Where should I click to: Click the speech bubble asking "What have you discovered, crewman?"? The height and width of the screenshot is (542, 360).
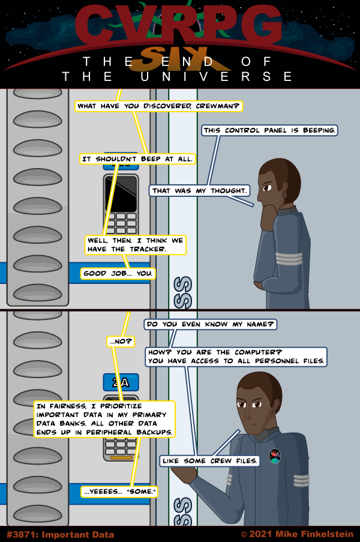[158, 106]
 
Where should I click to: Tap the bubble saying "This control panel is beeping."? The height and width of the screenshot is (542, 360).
[269, 130]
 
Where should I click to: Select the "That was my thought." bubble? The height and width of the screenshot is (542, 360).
[199, 191]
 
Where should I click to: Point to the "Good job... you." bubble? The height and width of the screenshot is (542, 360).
[118, 274]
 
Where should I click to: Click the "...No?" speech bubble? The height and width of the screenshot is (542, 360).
[121, 342]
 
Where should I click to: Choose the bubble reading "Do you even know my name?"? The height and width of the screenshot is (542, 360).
[210, 324]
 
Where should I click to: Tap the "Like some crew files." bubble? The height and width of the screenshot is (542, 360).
[210, 461]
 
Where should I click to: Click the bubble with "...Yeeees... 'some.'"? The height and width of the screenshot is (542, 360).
[119, 492]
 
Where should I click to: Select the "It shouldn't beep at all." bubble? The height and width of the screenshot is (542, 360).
[137, 159]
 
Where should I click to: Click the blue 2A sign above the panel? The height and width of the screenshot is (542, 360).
[121, 382]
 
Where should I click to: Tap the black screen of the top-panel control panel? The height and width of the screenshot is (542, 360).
[121, 193]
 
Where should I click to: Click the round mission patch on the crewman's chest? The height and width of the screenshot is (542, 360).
[275, 456]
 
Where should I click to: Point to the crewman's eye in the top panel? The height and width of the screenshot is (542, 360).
[267, 188]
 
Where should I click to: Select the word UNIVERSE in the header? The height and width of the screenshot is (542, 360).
[217, 76]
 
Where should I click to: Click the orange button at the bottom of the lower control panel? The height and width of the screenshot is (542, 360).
[121, 457]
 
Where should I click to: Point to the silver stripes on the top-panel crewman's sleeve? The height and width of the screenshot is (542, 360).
[289, 259]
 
